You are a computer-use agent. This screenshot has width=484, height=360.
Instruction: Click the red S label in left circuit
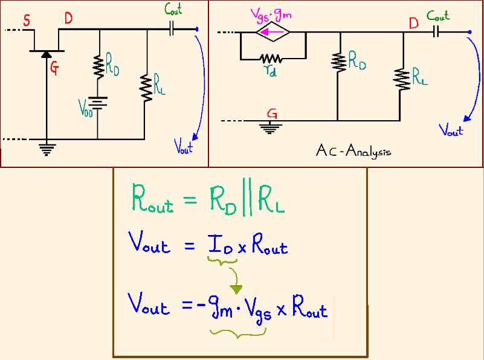pos(27,21)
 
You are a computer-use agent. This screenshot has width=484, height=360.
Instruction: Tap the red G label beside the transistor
pos(54,69)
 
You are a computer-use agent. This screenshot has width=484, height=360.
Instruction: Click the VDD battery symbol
pos(97,103)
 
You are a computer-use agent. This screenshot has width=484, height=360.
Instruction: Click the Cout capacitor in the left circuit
pos(172,28)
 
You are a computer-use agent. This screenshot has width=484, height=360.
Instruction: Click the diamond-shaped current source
pos(273,33)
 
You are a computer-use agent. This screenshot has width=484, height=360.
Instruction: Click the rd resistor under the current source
pos(271,59)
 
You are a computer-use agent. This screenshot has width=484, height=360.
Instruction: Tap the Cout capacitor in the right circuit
pos(437,32)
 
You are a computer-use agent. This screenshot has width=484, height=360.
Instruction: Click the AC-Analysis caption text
pos(353,150)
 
